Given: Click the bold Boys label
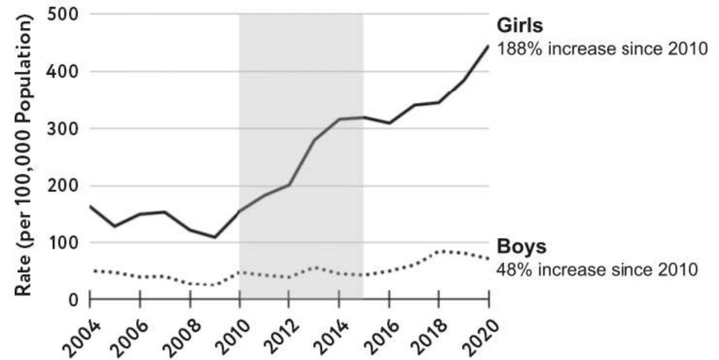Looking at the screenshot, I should click(x=520, y=247).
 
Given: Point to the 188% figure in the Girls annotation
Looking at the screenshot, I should click(x=517, y=49).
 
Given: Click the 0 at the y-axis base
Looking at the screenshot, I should click(x=72, y=299).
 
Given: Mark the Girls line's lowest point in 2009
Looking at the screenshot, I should click(x=214, y=237).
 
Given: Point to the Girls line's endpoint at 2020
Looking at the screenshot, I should click(x=489, y=46).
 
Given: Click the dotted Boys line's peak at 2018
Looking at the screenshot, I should click(x=439, y=252).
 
